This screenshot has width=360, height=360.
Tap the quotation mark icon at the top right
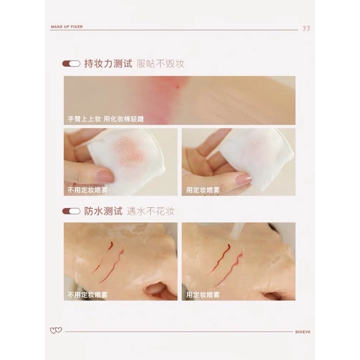click(306, 28)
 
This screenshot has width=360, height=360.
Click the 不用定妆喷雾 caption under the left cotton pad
click(86, 189)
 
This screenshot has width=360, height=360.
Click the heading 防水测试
click(105, 211)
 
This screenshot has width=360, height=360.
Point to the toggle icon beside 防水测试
click(71, 211)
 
